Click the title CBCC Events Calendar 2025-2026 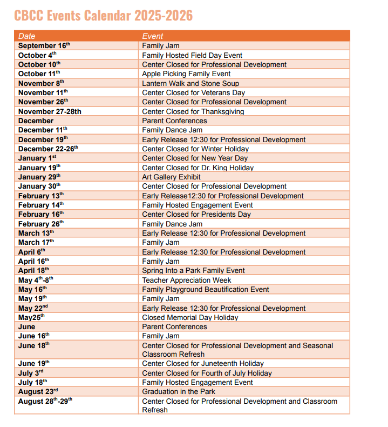point(103,15)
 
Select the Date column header point(26,36)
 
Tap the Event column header point(152,36)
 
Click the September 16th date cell point(45,46)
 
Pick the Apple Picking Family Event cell point(186,74)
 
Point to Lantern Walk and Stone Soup point(190,83)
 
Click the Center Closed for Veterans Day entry point(193,93)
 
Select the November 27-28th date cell point(50,112)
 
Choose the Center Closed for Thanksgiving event point(193,112)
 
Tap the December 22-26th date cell point(48,149)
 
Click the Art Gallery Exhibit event point(171,177)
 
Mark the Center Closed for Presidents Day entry point(196,215)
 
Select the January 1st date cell point(37,158)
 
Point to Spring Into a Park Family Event point(193,271)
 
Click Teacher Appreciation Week point(186,280)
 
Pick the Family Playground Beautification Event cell point(205,289)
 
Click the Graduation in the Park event point(178,392)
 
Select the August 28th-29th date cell point(45,401)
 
